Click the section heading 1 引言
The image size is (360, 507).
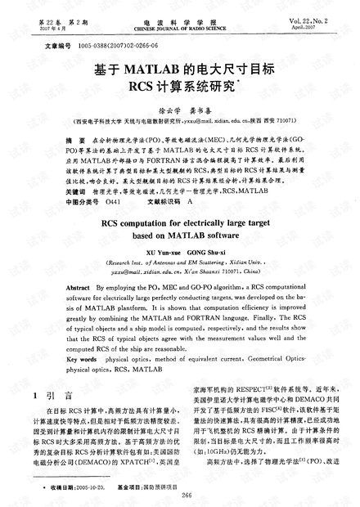[59, 396]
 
